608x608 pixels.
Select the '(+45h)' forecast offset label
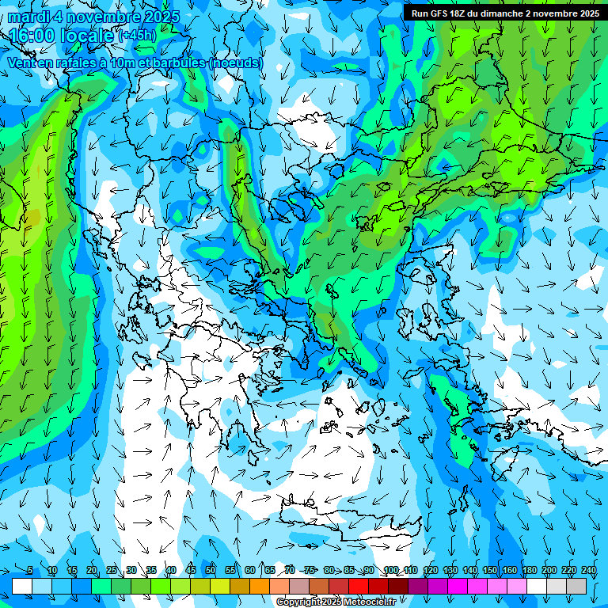[x=137, y=36]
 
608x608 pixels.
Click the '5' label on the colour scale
[x=30, y=570]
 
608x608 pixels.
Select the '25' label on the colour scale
[x=112, y=570]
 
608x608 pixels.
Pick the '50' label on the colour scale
[x=211, y=570]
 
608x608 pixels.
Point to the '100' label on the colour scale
[x=390, y=570]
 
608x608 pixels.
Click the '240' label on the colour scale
[x=588, y=570]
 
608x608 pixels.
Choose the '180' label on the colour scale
[x=529, y=570]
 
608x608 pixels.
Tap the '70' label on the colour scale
[x=290, y=570]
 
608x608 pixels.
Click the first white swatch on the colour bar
[x=22, y=586]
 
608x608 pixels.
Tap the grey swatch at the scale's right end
[x=576, y=586]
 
